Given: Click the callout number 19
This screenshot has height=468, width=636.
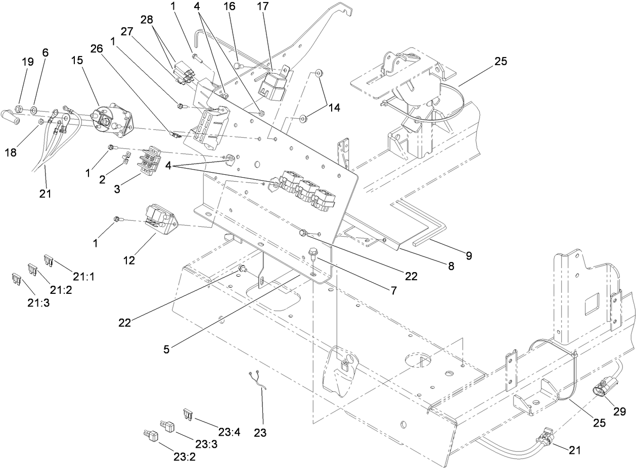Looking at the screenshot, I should point(28,62).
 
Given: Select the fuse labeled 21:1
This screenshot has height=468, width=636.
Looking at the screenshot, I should point(49,260).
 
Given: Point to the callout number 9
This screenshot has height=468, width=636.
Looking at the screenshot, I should point(469,255).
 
